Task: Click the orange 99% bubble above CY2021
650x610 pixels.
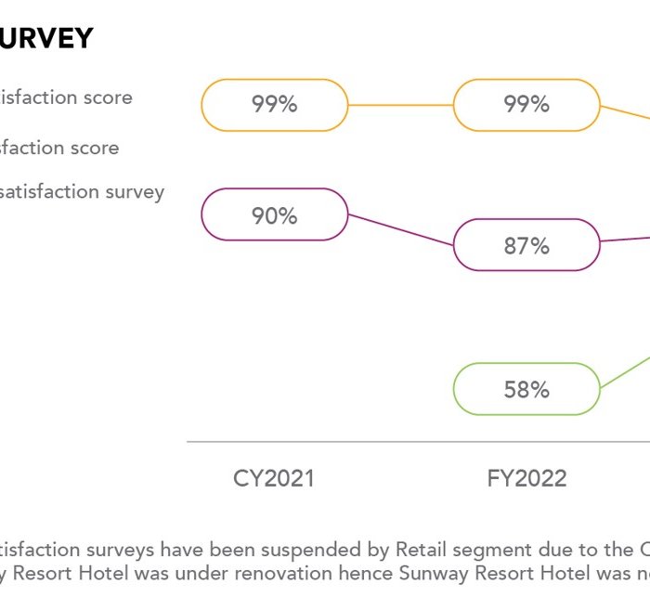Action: coord(275,105)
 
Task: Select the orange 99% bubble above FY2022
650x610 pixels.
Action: coord(526,105)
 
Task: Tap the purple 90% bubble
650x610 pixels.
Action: coord(275,215)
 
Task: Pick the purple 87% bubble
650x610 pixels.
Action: coord(526,245)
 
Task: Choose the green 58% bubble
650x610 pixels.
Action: coord(526,389)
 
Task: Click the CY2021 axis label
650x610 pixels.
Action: coord(274,479)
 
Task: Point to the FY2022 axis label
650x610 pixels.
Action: coord(526,479)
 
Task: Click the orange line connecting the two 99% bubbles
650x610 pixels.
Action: coord(400,105)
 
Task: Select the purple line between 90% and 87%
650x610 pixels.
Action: coord(400,230)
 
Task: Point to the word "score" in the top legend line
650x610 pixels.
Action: coord(108,97)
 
